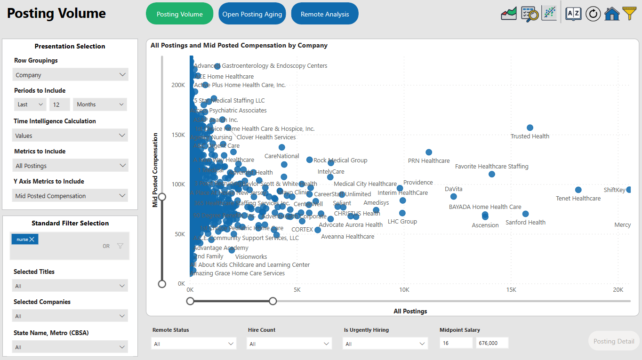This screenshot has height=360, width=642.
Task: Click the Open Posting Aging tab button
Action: tap(252, 14)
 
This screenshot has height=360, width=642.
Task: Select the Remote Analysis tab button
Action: tap(325, 14)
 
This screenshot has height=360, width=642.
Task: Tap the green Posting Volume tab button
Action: tap(179, 14)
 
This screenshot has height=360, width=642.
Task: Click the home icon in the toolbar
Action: tap(612, 14)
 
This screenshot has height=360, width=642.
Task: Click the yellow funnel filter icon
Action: tap(630, 13)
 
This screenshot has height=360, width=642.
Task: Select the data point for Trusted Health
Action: tap(530, 128)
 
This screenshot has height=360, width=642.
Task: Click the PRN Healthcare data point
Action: tap(429, 152)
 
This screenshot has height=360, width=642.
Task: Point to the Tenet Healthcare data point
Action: tap(578, 190)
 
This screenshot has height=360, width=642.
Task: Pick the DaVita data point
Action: tap(454, 197)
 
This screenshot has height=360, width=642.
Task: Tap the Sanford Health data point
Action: tap(526, 214)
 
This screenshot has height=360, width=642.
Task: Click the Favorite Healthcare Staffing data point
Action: tap(492, 174)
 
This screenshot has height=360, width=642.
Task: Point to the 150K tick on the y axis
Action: tap(178, 135)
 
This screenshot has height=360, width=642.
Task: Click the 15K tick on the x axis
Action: tap(511, 290)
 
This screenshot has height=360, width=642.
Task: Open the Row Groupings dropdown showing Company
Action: tap(70, 75)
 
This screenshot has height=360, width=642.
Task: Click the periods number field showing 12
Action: tap(60, 104)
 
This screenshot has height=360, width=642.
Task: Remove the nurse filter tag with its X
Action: tap(32, 240)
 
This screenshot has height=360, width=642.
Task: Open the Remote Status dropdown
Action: tap(193, 344)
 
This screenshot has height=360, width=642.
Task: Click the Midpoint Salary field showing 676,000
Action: tap(492, 343)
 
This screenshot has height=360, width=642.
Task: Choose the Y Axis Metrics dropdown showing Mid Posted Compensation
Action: tap(70, 196)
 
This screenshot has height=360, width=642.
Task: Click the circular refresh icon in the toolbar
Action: tap(593, 14)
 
